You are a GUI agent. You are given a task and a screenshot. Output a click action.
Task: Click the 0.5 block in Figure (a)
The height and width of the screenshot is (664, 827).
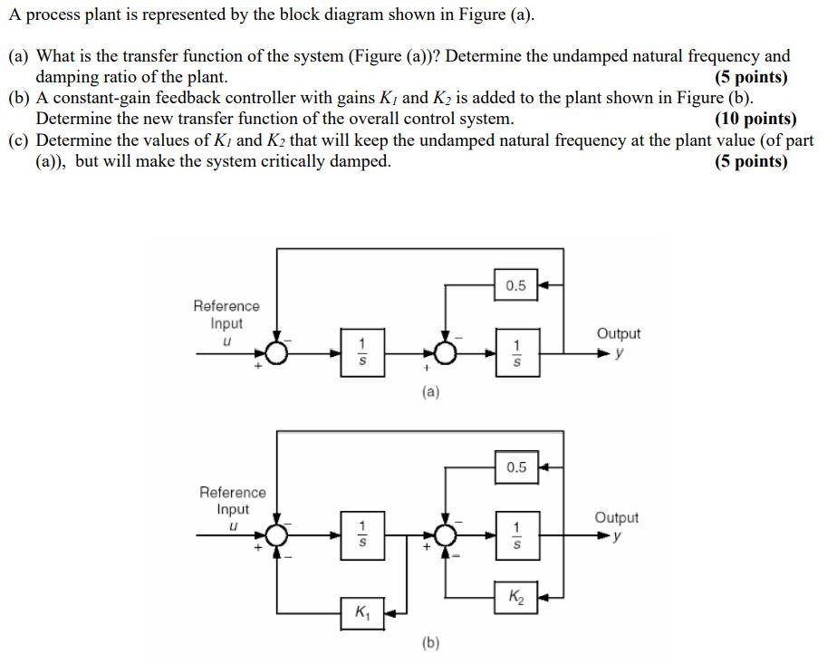(x=515, y=285)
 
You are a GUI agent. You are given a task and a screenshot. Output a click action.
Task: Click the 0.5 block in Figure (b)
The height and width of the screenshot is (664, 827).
(x=515, y=467)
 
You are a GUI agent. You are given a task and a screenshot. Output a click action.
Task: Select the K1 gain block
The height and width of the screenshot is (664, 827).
(x=361, y=612)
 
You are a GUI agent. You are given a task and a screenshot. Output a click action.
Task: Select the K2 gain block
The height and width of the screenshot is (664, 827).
(x=515, y=596)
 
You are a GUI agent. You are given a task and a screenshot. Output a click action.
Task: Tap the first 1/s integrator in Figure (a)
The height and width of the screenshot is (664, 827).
(x=361, y=352)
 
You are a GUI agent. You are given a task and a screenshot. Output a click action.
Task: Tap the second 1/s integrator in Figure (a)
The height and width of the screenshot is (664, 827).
(x=515, y=352)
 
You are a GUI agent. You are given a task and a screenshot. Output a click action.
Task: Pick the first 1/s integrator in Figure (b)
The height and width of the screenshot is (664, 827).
(x=361, y=534)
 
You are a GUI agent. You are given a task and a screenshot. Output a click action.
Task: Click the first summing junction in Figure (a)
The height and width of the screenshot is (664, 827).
(x=278, y=352)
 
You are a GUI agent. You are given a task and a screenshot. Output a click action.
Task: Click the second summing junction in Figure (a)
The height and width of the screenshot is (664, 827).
(x=445, y=352)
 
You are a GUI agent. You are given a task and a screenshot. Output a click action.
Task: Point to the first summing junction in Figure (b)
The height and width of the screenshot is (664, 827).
(x=278, y=534)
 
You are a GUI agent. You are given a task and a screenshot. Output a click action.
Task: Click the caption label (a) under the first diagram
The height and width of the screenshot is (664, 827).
(x=430, y=392)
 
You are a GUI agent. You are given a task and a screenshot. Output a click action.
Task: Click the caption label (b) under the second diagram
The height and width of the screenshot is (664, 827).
(x=430, y=643)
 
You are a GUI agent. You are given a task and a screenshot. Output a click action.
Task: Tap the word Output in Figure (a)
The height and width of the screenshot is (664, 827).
(x=619, y=333)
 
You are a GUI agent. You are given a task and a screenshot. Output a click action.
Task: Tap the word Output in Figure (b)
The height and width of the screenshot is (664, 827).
(x=616, y=517)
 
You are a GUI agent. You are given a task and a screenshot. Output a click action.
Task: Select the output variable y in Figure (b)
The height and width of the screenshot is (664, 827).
(x=619, y=535)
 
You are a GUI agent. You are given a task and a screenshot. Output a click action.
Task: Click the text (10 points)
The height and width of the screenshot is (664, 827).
(x=755, y=119)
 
